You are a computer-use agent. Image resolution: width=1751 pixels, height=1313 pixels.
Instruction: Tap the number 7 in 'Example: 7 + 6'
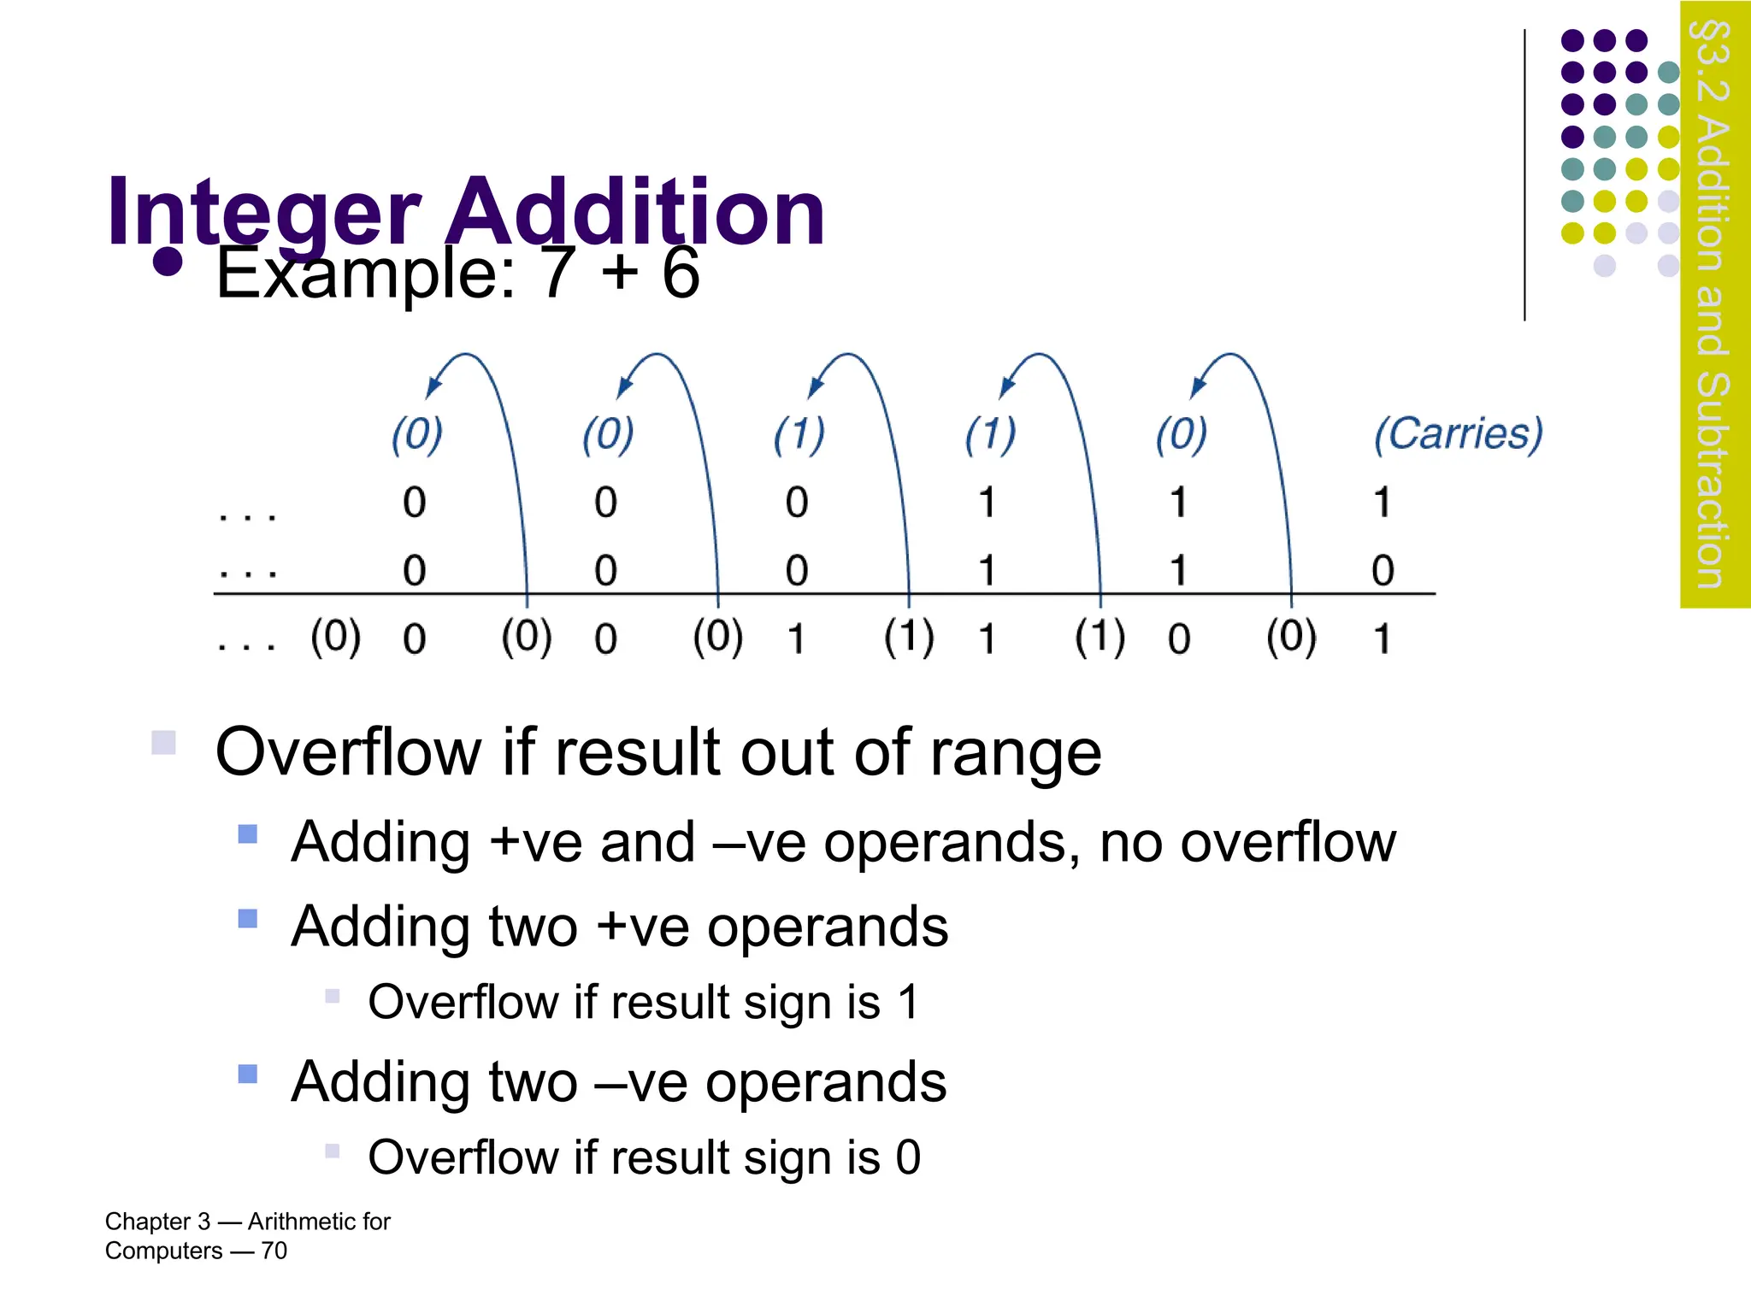pyautogui.click(x=557, y=274)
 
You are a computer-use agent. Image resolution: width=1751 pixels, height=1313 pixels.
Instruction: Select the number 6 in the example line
pyautogui.click(x=681, y=274)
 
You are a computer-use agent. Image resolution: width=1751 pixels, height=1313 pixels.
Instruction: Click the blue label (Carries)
pyautogui.click(x=1458, y=434)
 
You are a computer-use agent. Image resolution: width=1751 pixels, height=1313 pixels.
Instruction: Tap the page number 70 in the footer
pyautogui.click(x=274, y=1251)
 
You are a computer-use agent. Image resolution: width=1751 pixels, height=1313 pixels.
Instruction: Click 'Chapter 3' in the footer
pyautogui.click(x=157, y=1222)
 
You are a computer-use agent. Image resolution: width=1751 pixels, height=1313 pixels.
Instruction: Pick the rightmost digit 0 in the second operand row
pyautogui.click(x=1382, y=570)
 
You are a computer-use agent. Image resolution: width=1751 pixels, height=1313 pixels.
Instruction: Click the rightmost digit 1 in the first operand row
pyautogui.click(x=1382, y=503)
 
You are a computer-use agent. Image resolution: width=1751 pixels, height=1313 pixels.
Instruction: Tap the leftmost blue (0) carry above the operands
pyautogui.click(x=416, y=434)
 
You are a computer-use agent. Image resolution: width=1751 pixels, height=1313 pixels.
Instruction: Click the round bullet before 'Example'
pyautogui.click(x=168, y=262)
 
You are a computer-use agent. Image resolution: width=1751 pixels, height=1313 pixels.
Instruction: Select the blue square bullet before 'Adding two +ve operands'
pyautogui.click(x=248, y=919)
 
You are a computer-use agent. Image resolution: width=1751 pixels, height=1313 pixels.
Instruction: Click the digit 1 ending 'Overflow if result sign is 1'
pyautogui.click(x=908, y=1002)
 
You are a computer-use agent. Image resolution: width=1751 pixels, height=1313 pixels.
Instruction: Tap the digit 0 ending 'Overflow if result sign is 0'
pyautogui.click(x=908, y=1157)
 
